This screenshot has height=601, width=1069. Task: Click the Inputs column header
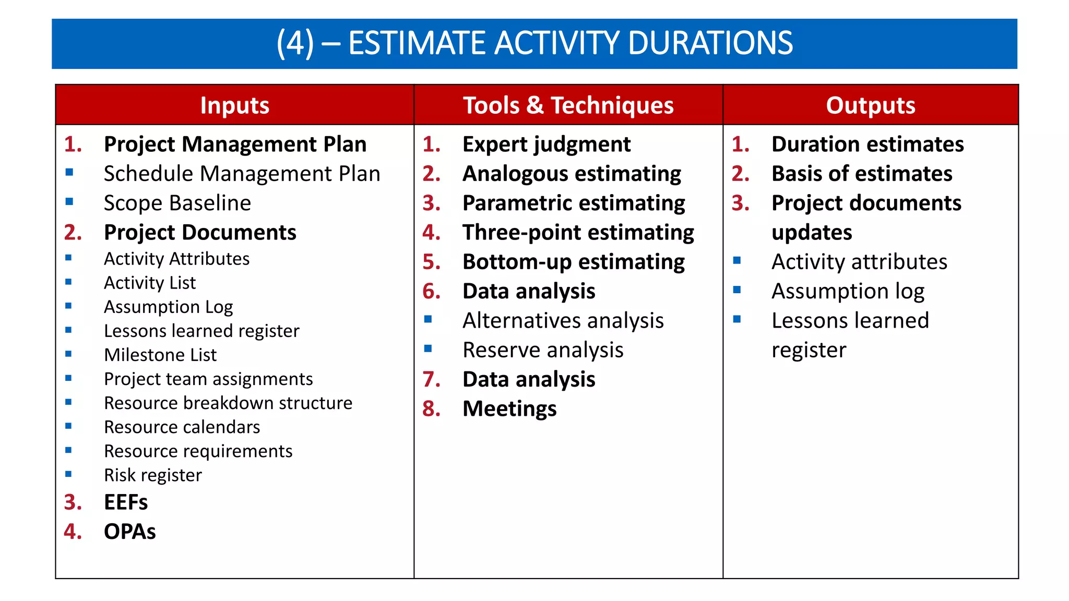click(234, 105)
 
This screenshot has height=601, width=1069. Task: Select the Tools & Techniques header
click(568, 105)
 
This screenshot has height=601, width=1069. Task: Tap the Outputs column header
click(870, 105)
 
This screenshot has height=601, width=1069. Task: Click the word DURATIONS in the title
click(710, 43)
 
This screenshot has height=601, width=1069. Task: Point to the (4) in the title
click(295, 43)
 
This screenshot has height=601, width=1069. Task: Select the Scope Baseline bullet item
click(177, 203)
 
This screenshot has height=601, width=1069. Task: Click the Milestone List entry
click(160, 355)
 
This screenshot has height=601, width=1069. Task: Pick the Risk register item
click(152, 475)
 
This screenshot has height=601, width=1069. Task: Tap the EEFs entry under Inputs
click(126, 502)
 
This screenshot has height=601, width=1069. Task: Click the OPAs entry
click(129, 532)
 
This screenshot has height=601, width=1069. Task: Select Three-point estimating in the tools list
click(578, 232)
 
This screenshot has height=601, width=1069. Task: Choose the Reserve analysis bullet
click(543, 350)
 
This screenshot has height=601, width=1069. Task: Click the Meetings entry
click(509, 408)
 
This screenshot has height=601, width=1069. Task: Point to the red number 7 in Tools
click(431, 379)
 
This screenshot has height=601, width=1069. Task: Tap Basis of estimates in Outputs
click(862, 174)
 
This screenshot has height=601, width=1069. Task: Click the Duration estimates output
click(868, 145)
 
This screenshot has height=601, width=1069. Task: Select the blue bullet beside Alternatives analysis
click(428, 319)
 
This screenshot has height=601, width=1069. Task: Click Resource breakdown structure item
click(228, 403)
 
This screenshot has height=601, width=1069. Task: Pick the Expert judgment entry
click(547, 145)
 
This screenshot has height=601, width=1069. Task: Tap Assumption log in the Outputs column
click(848, 291)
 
